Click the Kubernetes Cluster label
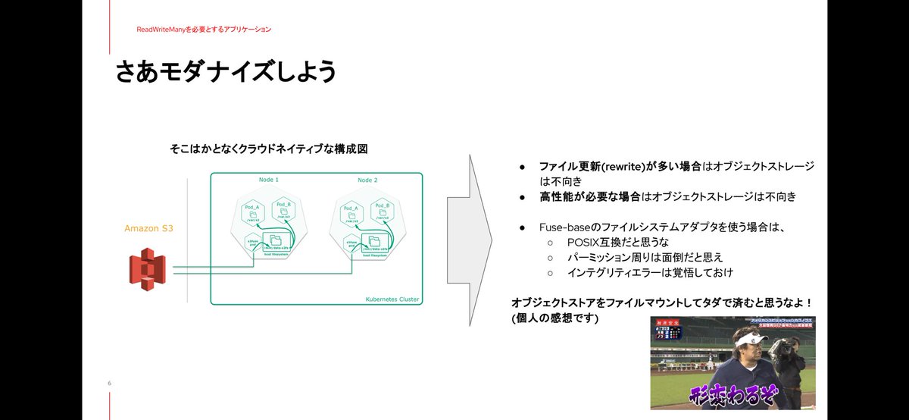click(388, 299)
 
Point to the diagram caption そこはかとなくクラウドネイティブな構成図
click(268, 149)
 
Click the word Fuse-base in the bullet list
click(564, 227)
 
